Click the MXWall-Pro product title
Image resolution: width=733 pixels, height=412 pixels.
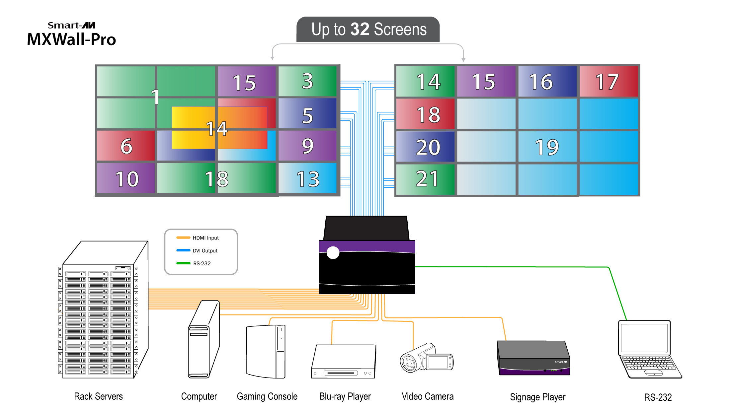coord(71,39)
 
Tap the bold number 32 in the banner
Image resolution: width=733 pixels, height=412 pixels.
coord(360,29)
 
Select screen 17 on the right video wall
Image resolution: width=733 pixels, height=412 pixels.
coord(608,82)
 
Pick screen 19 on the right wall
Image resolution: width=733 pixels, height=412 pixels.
coord(547,147)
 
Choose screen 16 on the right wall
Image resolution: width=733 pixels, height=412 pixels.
coord(547,82)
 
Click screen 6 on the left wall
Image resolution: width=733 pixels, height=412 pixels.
coord(126,146)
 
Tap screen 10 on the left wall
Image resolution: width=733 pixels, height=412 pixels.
coord(126,179)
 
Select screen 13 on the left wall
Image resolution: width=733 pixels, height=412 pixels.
coord(307,179)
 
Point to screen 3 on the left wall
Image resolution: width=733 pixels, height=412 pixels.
coord(307,81)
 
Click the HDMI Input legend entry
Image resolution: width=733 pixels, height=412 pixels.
coord(205,238)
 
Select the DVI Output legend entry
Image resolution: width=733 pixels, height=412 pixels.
coord(205,251)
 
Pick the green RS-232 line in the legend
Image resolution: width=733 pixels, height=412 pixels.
coord(183,263)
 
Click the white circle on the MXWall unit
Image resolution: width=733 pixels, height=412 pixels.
coord(333,253)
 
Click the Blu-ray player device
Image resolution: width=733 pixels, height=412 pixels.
coord(344,362)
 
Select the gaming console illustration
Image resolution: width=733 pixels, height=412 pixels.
coord(266,352)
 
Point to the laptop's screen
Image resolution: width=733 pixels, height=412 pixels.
coord(644,338)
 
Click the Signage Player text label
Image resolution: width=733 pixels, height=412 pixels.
coord(537,397)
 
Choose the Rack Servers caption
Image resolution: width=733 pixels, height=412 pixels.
coord(98,396)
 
